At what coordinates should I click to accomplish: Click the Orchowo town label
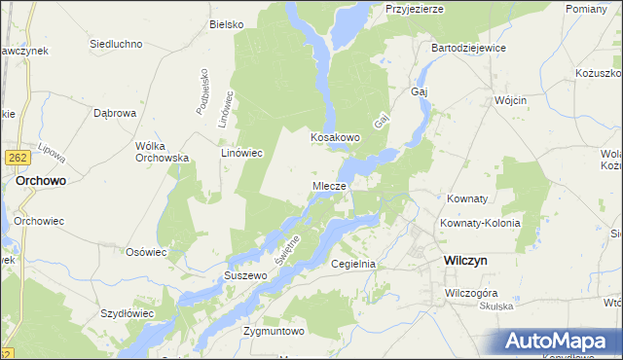coord(41,180)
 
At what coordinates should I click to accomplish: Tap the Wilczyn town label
coord(465,261)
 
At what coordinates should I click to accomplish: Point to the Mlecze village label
coord(329,185)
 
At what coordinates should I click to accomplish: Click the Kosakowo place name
coord(336,138)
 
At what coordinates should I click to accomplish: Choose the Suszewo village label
coord(245,275)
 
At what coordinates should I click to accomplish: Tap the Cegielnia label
coord(353,264)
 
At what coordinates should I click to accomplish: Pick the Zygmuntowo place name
coord(275,331)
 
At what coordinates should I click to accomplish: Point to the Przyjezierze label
coord(415,8)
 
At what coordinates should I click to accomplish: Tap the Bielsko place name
coord(226,23)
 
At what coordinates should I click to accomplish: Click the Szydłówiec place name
coord(128,314)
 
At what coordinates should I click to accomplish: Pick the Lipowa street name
coord(46,156)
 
